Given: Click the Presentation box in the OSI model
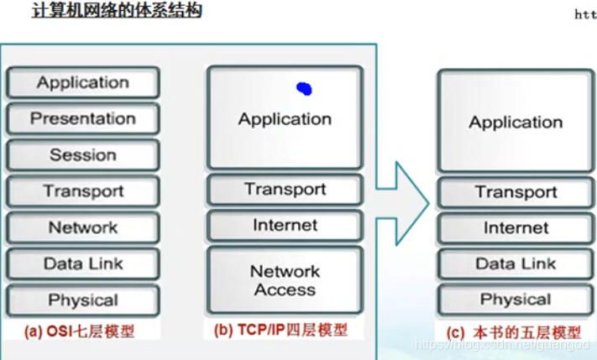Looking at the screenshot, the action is tap(82, 118).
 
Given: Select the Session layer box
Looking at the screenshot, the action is tap(82, 155).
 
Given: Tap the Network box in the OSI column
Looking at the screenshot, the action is tap(82, 227).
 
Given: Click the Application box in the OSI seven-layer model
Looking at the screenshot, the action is tap(82, 82).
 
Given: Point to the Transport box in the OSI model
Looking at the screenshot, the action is tap(82, 191).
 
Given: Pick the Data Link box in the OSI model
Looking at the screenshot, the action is tap(82, 263).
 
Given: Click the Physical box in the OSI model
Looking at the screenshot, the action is tap(82, 300).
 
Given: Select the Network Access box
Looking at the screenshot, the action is tap(285, 281).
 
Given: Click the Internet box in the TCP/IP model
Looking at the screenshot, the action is tap(285, 226).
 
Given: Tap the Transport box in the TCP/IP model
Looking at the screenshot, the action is tap(285, 190).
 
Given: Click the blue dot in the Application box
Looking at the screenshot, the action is tap(304, 87).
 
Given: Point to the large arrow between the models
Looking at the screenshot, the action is tap(401, 201).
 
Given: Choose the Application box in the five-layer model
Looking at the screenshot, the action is tap(516, 123).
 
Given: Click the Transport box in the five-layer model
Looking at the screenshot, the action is tap(516, 192).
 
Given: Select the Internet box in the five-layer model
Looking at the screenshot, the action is tap(516, 228).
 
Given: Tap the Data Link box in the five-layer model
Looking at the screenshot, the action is tap(516, 263).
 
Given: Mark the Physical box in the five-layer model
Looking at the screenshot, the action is tap(516, 300).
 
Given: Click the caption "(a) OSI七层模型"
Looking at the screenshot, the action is tap(80, 331).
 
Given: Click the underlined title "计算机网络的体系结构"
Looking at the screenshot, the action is tap(116, 13).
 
